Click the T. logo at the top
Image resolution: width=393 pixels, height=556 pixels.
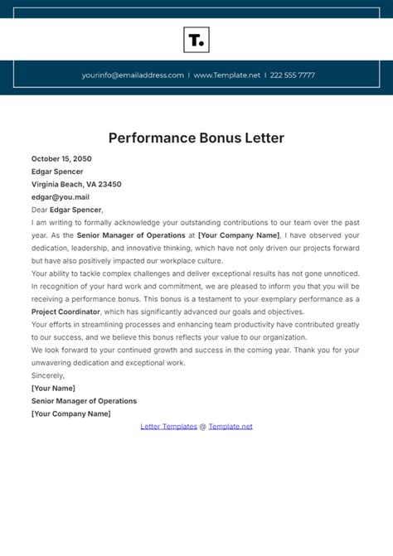click(196, 40)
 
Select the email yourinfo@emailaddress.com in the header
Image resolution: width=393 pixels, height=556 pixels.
click(133, 75)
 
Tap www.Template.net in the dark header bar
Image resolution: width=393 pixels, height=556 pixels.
click(226, 75)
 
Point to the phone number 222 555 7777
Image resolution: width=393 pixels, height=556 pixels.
click(293, 75)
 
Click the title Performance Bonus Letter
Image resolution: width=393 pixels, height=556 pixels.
click(196, 138)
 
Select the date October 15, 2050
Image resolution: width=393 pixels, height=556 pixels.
click(61, 158)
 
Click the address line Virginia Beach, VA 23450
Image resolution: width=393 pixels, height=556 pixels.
click(76, 184)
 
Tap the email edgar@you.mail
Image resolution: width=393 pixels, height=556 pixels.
click(61, 197)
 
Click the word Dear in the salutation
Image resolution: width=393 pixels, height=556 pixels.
click(40, 210)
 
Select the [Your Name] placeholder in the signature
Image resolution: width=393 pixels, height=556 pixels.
click(53, 388)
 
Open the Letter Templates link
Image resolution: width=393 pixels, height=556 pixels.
click(167, 426)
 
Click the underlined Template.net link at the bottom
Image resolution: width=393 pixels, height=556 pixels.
click(230, 426)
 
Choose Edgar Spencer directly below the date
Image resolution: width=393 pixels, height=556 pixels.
click(57, 172)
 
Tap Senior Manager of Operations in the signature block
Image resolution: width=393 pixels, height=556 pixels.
click(84, 401)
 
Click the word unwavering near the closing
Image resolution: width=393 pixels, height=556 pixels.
click(54, 362)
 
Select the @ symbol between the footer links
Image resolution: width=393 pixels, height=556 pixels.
click(202, 426)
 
